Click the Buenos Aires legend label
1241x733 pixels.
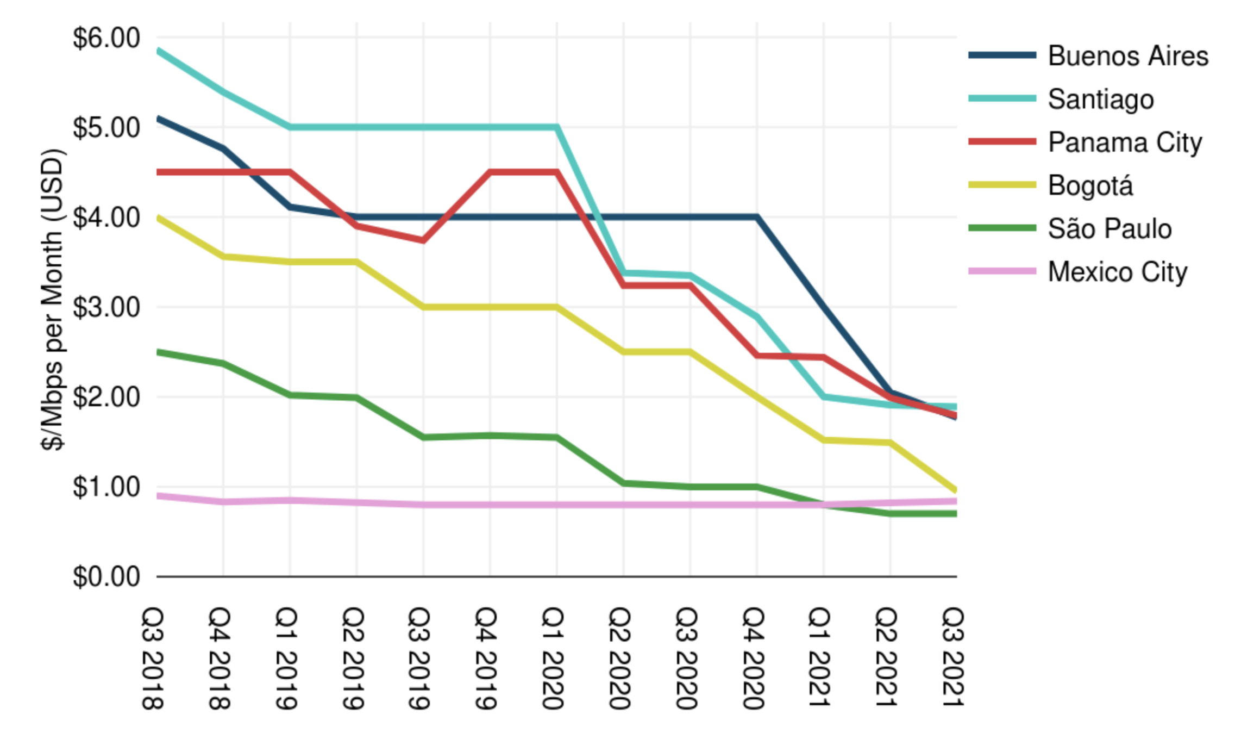(1127, 56)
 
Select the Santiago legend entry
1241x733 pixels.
(1100, 100)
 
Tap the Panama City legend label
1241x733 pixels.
(1125, 142)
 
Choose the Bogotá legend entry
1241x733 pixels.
(1090, 186)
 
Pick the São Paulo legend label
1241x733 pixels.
(1110, 229)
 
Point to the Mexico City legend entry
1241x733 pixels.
(1117, 272)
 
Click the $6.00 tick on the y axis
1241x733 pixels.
(106, 38)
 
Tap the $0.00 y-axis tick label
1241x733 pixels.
(106, 576)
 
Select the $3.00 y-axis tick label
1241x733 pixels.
(106, 307)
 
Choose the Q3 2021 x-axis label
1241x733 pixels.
(952, 658)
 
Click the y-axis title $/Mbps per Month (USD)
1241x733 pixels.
(53, 299)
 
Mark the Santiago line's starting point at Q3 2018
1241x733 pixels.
(158, 51)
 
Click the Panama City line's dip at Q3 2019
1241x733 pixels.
(423, 240)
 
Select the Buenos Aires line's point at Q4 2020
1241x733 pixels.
(756, 217)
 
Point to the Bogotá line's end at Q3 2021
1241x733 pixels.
(956, 490)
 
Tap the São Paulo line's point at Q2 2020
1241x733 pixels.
(623, 483)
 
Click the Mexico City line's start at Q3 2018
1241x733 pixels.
(158, 495)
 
